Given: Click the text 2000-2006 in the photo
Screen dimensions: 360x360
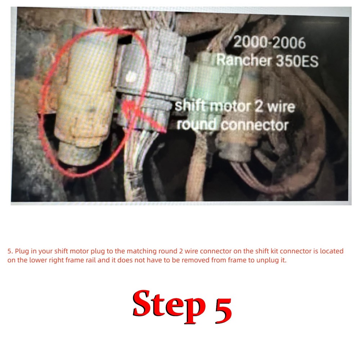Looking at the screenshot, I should coord(269,43).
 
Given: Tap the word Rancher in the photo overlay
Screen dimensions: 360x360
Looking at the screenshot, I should coord(244,60).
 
